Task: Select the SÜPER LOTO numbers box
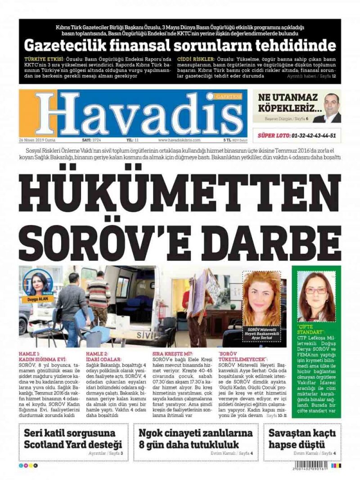click(x=297, y=135)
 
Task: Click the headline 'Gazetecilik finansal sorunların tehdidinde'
click(x=180, y=45)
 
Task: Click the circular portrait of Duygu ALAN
click(x=38, y=283)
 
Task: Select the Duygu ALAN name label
click(x=38, y=299)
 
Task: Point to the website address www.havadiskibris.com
click(x=179, y=140)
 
